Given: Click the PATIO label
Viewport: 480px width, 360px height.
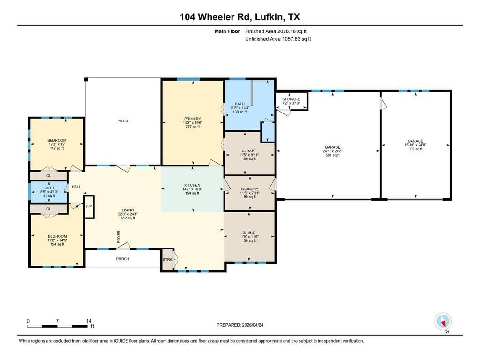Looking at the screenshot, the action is [123, 121].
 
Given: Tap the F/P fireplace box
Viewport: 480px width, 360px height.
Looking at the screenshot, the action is [89, 207].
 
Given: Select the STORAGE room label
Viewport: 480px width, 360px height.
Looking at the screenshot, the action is [291, 99].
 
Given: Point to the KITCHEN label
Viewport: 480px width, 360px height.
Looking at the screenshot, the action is [192, 185].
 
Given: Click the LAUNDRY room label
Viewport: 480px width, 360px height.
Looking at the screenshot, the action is [249, 189].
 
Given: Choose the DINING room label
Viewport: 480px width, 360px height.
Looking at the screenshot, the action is [249, 232].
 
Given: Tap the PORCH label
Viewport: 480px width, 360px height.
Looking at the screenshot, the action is [122, 259].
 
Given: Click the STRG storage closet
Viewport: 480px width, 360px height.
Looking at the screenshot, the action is [167, 260].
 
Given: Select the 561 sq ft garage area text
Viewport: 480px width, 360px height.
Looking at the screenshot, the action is [333, 155].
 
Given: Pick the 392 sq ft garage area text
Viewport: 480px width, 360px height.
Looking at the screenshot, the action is [415, 149].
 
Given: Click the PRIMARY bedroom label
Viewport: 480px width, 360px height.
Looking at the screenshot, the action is [192, 119].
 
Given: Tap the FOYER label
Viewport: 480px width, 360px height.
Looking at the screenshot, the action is [119, 237].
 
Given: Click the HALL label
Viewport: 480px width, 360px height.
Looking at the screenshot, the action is [76, 187].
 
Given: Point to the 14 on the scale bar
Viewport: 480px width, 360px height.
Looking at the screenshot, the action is [89, 321].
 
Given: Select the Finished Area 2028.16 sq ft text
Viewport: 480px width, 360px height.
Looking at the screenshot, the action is [276, 31].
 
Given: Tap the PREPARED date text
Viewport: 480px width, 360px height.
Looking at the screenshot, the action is [240, 325].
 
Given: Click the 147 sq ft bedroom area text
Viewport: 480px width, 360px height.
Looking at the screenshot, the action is [57, 148].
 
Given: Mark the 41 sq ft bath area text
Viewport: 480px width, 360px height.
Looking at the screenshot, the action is [49, 196].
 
